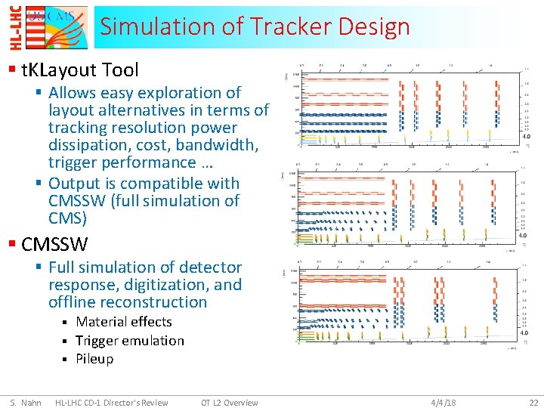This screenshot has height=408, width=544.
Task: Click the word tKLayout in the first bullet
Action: click(59, 70)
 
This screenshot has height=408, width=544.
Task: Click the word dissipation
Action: click(85, 144)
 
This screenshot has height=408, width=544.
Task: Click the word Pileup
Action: click(94, 359)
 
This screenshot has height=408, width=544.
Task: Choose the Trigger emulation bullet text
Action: click(130, 341)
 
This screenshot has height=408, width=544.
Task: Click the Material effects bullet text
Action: click(124, 322)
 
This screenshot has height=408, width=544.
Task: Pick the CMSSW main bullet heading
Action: click(55, 245)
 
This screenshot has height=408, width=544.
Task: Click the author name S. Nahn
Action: click(26, 403)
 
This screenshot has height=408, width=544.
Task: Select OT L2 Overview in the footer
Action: click(230, 403)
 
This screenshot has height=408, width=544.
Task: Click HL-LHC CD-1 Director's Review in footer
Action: click(112, 403)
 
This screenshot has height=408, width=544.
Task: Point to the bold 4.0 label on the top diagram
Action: click(525, 138)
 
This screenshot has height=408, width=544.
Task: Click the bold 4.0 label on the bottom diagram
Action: click(525, 333)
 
